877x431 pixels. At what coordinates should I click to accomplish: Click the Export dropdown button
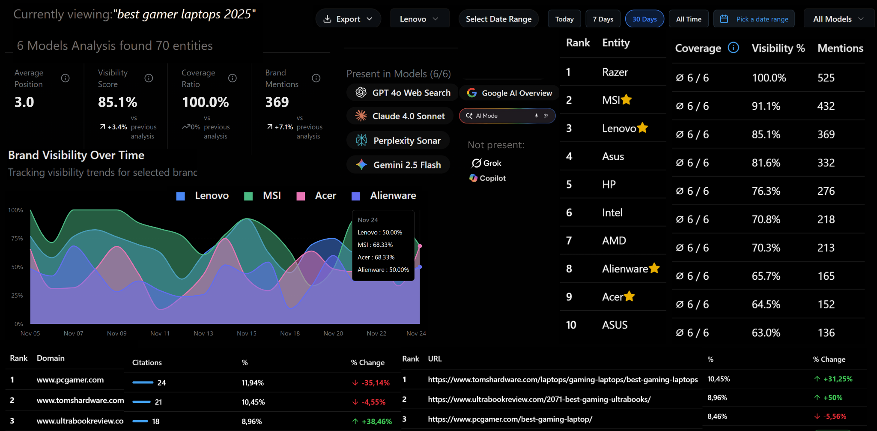pyautogui.click(x=348, y=19)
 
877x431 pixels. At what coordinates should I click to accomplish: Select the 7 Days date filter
pyautogui.click(x=603, y=19)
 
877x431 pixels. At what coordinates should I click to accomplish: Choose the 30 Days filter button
pyautogui.click(x=644, y=19)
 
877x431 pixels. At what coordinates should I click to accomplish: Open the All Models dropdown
pyautogui.click(x=838, y=19)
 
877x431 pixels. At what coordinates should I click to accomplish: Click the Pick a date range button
pyautogui.click(x=754, y=19)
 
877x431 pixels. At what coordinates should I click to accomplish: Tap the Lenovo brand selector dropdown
pyautogui.click(x=419, y=19)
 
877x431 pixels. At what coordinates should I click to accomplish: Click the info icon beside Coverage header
pyautogui.click(x=733, y=48)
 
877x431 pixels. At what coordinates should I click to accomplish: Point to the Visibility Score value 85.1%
pyautogui.click(x=118, y=102)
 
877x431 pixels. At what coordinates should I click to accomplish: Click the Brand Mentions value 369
pyautogui.click(x=277, y=102)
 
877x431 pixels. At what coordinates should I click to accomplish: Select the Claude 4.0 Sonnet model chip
pyautogui.click(x=400, y=116)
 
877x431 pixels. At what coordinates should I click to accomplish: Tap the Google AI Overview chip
pyautogui.click(x=509, y=93)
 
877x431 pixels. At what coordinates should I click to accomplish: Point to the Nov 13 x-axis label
pyautogui.click(x=203, y=333)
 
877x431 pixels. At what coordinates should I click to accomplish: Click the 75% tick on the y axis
pyautogui.click(x=17, y=239)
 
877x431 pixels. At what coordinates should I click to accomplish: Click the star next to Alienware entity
pyautogui.click(x=654, y=268)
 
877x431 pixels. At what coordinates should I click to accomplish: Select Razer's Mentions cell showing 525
pyautogui.click(x=826, y=78)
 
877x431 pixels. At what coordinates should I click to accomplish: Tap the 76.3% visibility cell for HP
pyautogui.click(x=766, y=191)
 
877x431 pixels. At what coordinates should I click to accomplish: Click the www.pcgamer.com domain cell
pyautogui.click(x=70, y=380)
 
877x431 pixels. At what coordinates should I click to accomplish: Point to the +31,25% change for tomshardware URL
pyautogui.click(x=833, y=379)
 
